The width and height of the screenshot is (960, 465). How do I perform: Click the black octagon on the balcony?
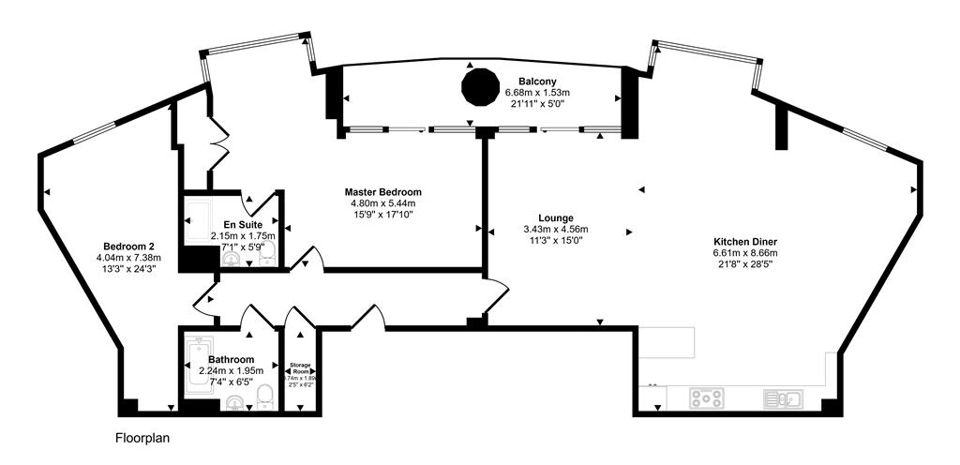tap(480, 87)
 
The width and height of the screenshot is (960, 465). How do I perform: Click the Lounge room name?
tap(556, 217)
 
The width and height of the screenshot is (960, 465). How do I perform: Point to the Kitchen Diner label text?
tap(745, 241)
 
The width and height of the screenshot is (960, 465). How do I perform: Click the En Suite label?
tap(243, 225)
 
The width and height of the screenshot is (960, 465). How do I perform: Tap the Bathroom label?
tap(231, 359)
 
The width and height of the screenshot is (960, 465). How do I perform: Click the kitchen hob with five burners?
tap(705, 398)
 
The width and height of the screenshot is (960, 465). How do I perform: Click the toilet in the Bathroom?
tap(265, 393)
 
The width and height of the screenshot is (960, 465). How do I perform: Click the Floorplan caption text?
tap(142, 438)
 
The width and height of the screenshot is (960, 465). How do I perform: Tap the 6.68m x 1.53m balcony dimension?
tap(537, 93)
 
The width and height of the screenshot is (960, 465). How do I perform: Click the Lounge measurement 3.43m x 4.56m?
tap(556, 229)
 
